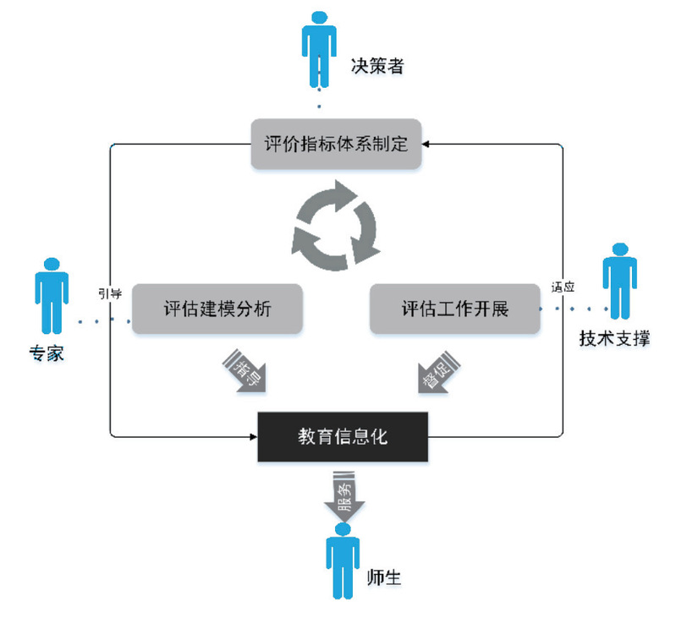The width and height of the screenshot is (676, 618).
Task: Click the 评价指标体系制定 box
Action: point(336,144)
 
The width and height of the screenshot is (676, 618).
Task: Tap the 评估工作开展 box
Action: point(455,309)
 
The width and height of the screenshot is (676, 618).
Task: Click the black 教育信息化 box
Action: point(343,437)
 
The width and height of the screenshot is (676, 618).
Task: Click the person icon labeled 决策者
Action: point(317,47)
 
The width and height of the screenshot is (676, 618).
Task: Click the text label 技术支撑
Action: point(614,338)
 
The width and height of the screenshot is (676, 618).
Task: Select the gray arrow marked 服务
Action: point(343,499)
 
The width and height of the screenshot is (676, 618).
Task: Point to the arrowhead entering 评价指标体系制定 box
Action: point(426,144)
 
